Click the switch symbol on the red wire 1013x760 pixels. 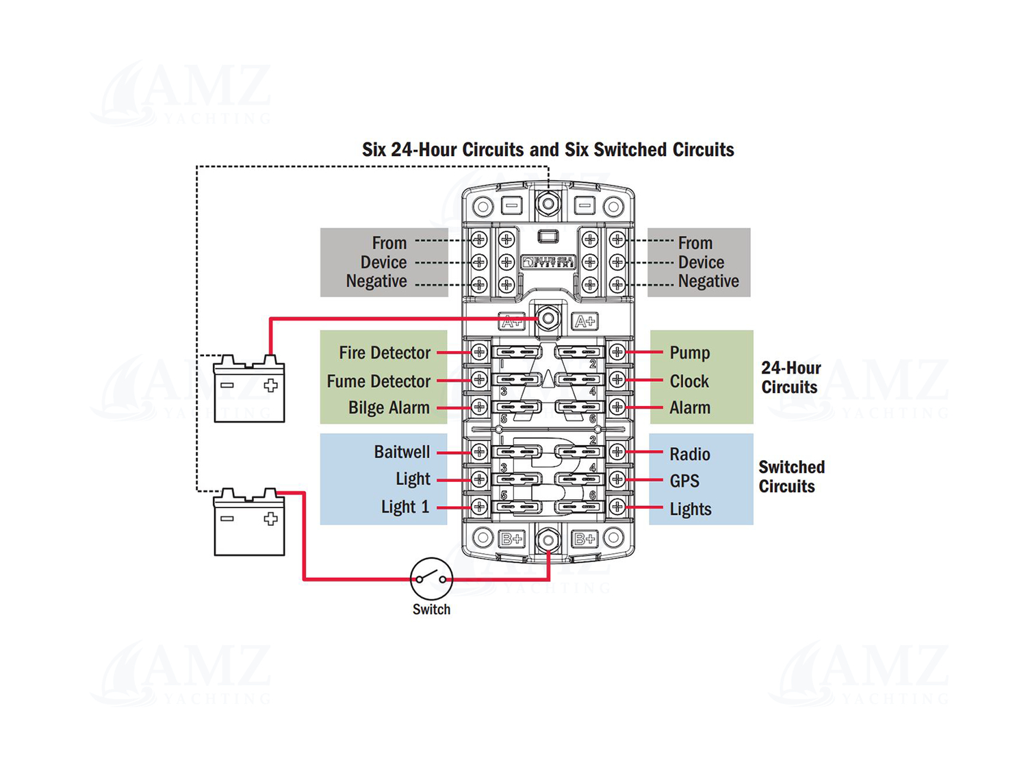(x=431, y=579)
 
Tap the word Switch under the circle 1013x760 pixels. (x=431, y=609)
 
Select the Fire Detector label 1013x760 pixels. (x=385, y=353)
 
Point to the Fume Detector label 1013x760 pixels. (x=379, y=381)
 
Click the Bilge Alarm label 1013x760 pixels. (x=389, y=407)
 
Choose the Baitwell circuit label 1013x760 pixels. (x=402, y=452)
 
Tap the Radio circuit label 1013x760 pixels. (x=689, y=454)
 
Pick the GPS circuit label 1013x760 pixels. (x=684, y=481)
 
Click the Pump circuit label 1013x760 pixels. (x=689, y=353)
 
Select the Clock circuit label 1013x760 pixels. (x=689, y=381)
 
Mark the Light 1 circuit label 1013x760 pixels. (x=405, y=507)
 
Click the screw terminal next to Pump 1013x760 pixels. (x=617, y=352)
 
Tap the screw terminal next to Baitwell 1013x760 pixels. (x=479, y=451)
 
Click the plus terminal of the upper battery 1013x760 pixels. (x=271, y=385)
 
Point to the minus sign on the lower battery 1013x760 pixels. (x=227, y=518)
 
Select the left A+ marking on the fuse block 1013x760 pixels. (x=511, y=321)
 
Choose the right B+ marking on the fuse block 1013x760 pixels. (x=585, y=539)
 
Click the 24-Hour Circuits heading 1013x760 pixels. (x=791, y=377)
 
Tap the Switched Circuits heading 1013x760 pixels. (x=791, y=477)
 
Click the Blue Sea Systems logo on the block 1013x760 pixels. (x=548, y=262)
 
